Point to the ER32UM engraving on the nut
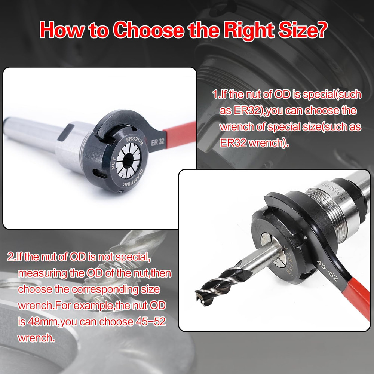coord(133,142)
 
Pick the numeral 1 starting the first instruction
coord(215,94)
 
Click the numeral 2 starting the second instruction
coord(10,257)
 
